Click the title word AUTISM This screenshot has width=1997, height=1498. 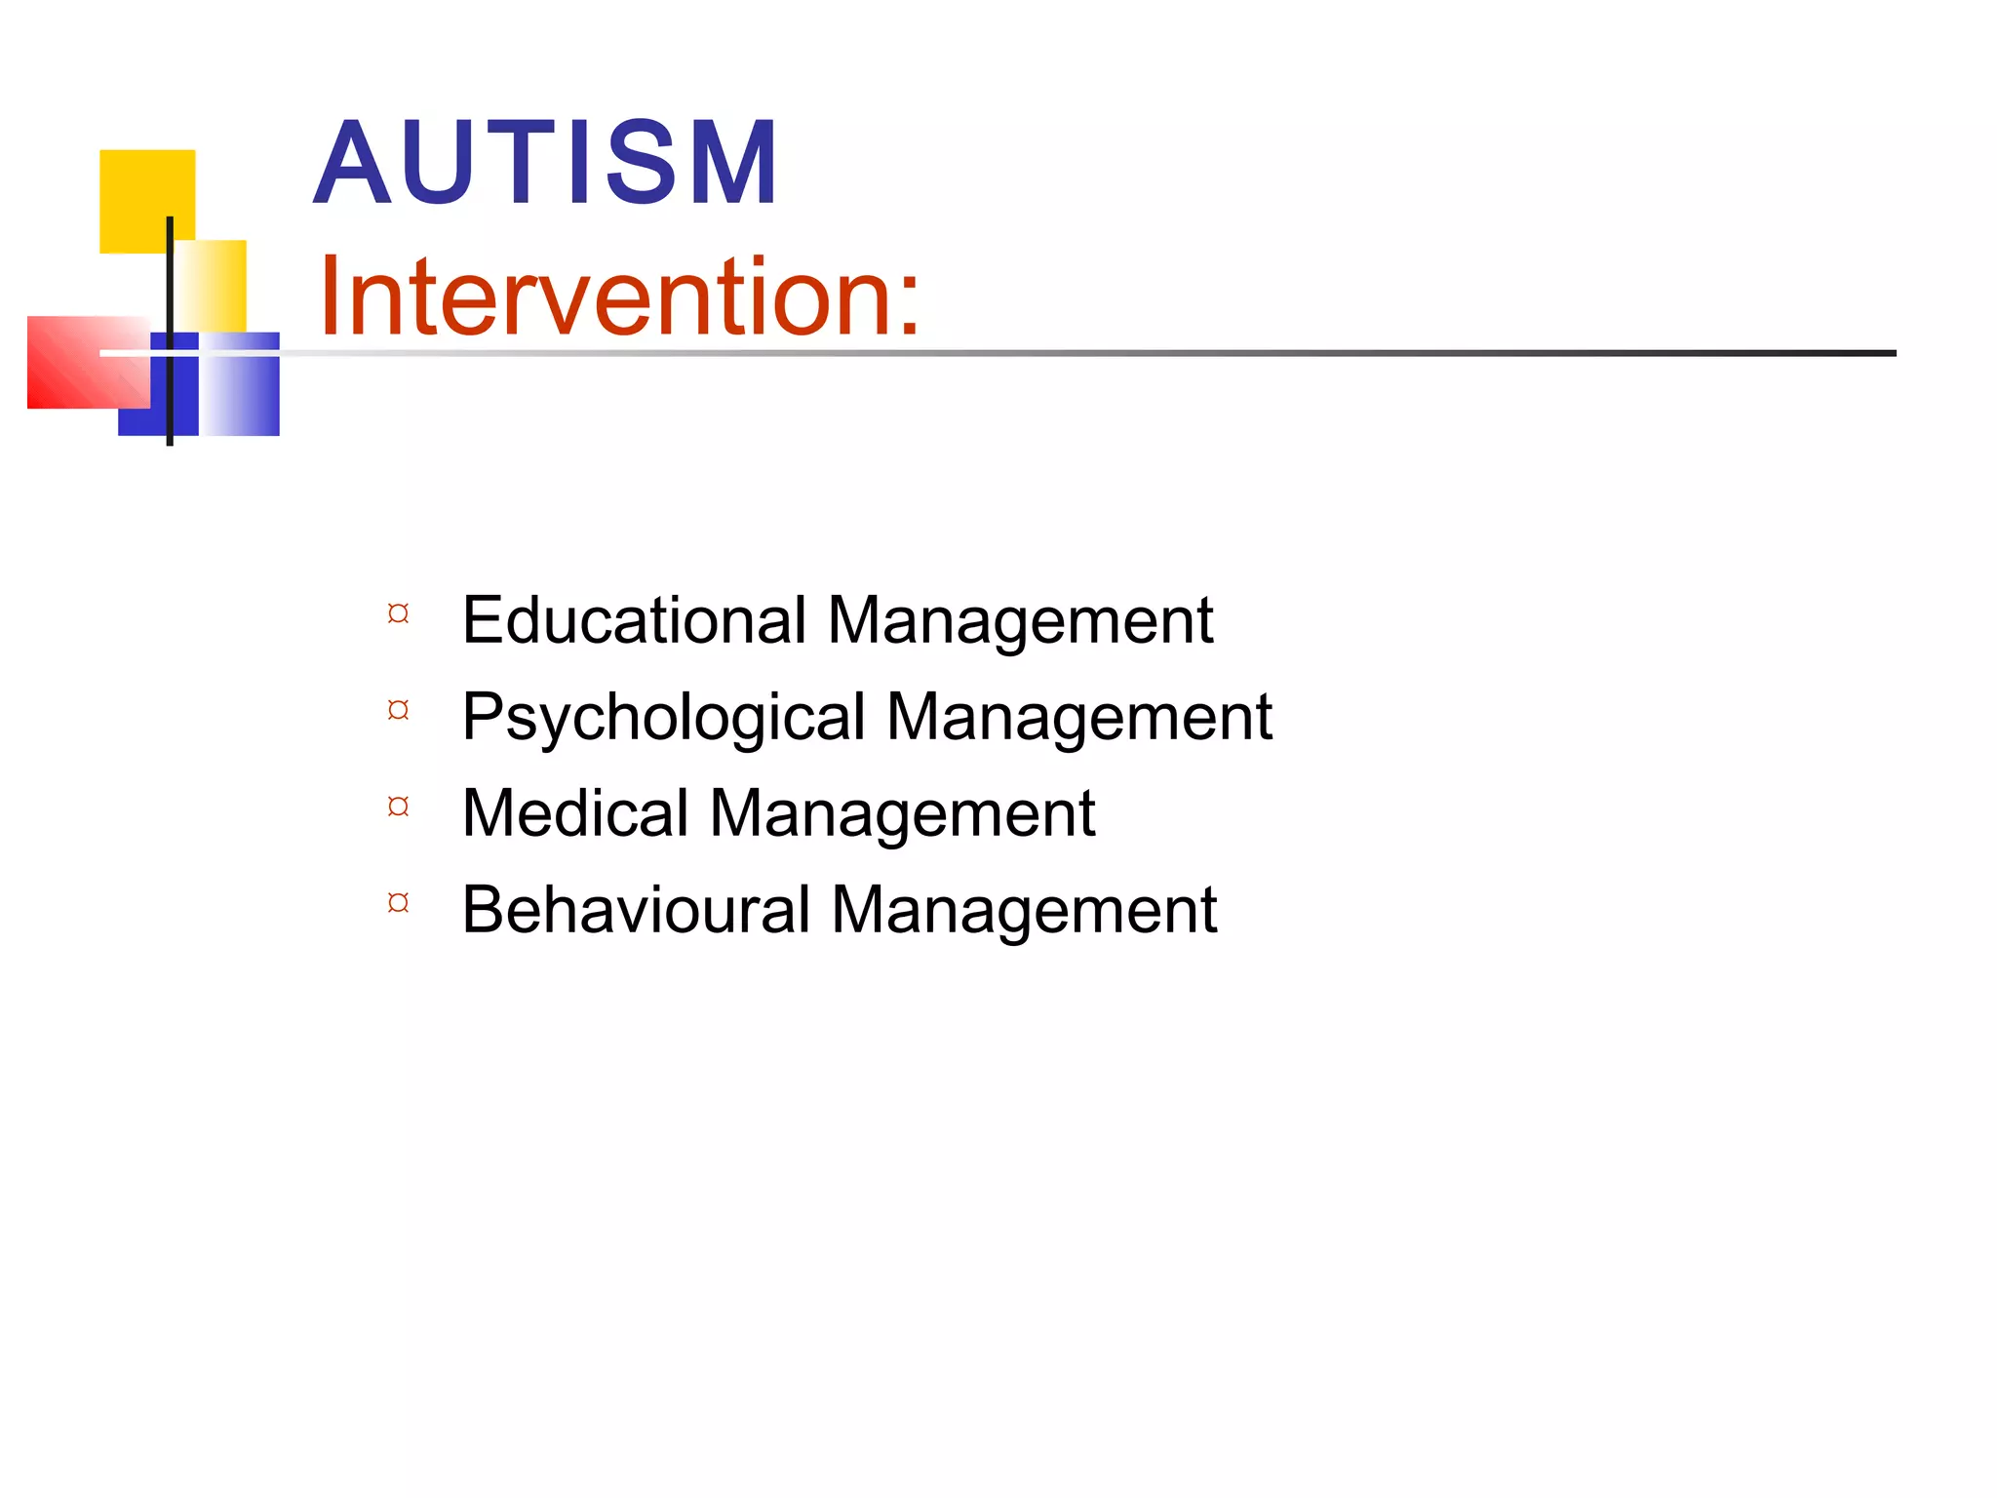pos(546,162)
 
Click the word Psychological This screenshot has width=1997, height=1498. pos(663,718)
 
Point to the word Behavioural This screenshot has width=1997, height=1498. pos(636,910)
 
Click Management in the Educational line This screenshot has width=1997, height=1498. pos(1020,622)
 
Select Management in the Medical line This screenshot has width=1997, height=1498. pos(902,814)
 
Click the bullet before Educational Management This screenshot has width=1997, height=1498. pos(398,613)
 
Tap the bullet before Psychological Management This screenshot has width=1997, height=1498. pos(398,710)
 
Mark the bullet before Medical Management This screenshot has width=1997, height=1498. pos(398,807)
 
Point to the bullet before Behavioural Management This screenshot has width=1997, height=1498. pos(398,902)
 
